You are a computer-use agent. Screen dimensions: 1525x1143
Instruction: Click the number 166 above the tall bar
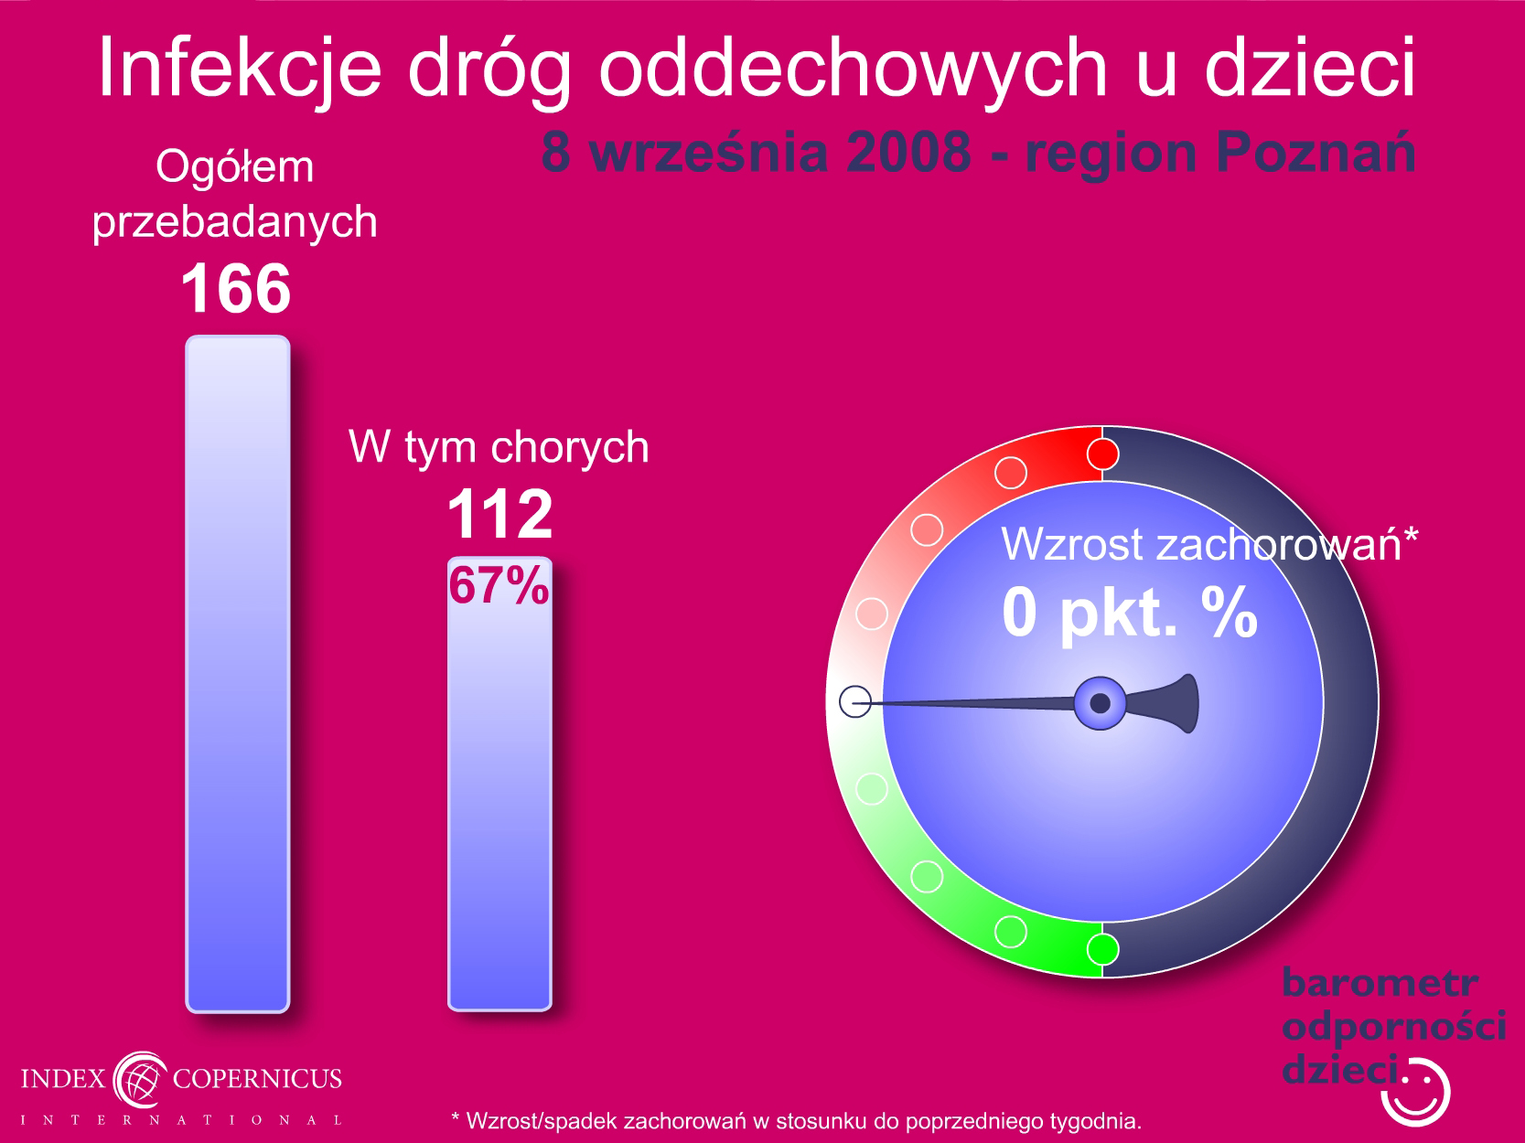[x=235, y=288]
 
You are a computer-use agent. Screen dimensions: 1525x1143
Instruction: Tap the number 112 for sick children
[x=499, y=514]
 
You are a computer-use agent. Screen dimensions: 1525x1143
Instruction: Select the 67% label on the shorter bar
[x=499, y=584]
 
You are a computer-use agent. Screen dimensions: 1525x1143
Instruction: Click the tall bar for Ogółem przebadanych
[x=238, y=674]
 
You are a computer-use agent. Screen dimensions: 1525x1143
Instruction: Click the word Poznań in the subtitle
[x=1316, y=152]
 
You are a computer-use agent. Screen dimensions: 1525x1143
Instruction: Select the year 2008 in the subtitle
[x=908, y=152]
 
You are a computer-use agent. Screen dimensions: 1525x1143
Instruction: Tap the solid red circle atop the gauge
[x=1102, y=454]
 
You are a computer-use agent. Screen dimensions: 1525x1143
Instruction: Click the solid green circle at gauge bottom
[x=1102, y=949]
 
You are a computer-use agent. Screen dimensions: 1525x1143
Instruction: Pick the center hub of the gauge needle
[x=1101, y=703]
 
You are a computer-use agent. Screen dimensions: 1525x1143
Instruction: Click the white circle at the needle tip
[x=855, y=701]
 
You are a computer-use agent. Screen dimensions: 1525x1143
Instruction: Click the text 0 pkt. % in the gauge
[x=1130, y=613]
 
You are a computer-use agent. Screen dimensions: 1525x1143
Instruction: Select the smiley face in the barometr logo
[x=1415, y=1092]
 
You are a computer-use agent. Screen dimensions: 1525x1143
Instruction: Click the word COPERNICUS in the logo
[x=257, y=1078]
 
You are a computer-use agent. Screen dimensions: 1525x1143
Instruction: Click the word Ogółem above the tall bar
[x=235, y=167]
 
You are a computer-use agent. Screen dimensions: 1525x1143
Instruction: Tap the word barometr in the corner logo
[x=1380, y=983]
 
